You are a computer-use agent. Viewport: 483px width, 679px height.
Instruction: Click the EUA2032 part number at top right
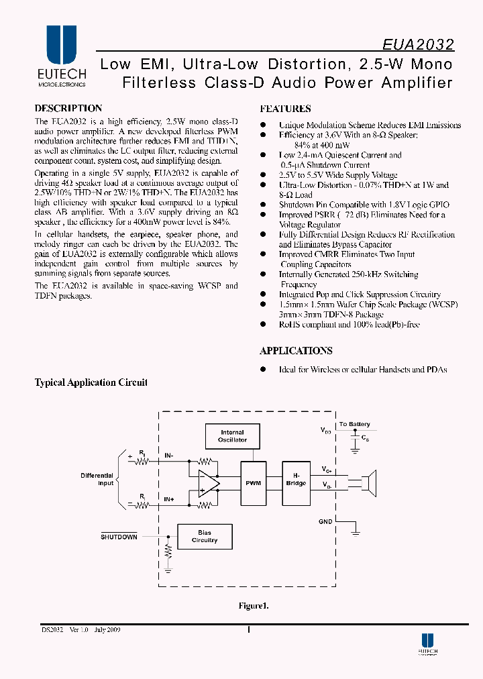point(419,45)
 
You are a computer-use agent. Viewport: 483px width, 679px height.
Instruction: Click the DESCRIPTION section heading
point(68,109)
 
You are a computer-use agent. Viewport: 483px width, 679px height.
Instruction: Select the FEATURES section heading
point(285,109)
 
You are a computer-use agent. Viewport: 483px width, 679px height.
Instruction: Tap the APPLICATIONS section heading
point(296,351)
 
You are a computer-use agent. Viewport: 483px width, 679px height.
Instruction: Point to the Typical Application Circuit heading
point(91,383)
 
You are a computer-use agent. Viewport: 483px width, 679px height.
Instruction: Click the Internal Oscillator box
point(232,436)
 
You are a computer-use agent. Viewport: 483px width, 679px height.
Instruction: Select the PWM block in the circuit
point(254,483)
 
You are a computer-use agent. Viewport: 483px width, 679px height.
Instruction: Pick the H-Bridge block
point(296,480)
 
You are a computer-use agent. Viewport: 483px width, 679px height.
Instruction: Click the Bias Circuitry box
point(205,536)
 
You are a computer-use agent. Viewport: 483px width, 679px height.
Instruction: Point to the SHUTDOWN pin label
point(119,537)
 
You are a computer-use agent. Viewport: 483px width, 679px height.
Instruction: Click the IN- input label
point(169,456)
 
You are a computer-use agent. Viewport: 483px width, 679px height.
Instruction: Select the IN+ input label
point(169,500)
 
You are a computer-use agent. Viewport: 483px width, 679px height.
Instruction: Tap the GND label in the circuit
point(325,521)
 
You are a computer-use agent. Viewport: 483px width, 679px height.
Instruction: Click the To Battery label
point(354,425)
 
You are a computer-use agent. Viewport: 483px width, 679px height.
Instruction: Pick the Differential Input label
point(97,479)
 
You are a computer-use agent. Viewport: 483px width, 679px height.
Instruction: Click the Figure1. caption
point(254,606)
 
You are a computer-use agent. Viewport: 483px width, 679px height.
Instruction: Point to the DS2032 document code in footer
point(51,631)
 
